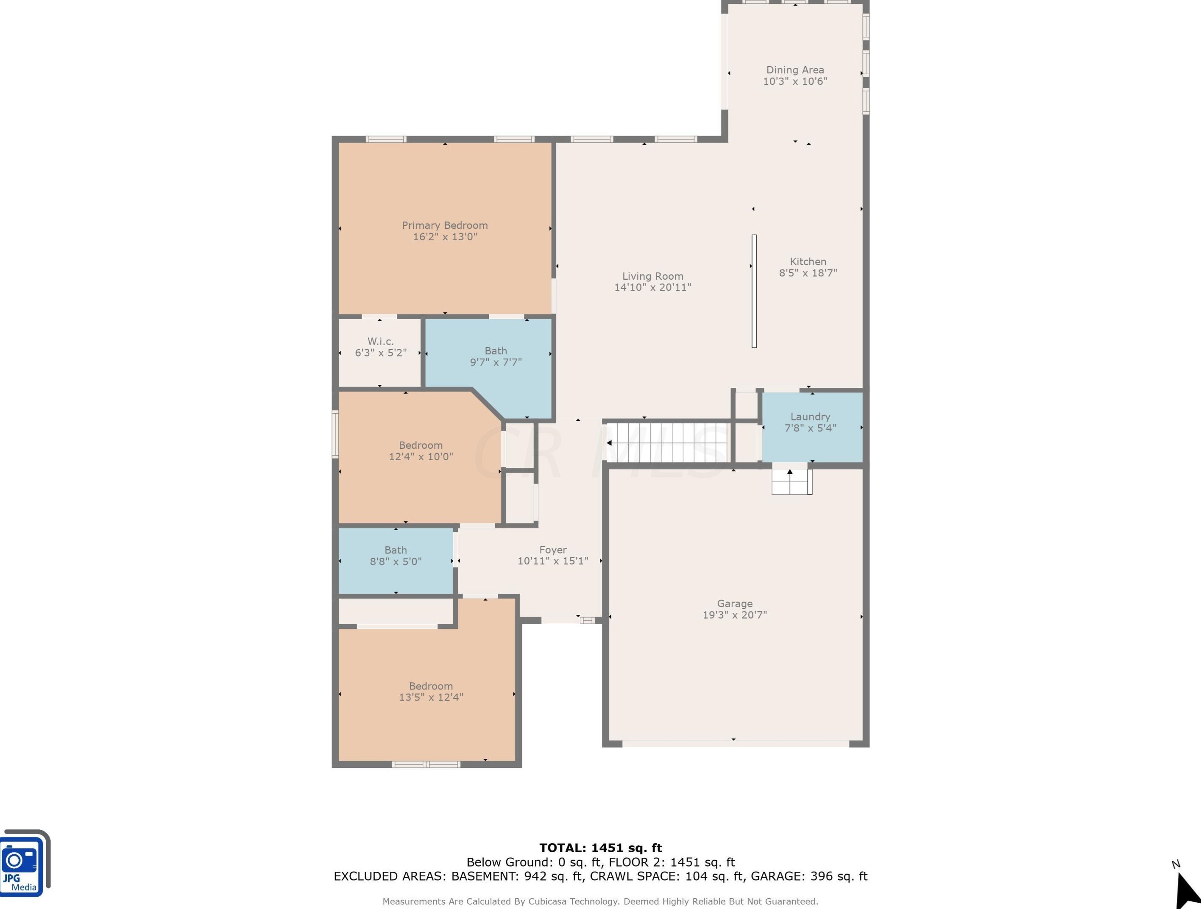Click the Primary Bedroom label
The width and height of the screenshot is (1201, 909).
pyautogui.click(x=445, y=225)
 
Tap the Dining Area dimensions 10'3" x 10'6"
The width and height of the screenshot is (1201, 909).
pyautogui.click(x=795, y=81)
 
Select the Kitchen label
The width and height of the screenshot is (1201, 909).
pyautogui.click(x=808, y=261)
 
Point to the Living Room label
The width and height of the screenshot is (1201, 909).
pyautogui.click(x=652, y=276)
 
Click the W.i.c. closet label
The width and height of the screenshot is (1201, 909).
pyautogui.click(x=380, y=341)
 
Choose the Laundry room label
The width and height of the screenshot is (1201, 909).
pyautogui.click(x=810, y=417)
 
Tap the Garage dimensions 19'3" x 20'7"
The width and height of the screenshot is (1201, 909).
pyautogui.click(x=735, y=615)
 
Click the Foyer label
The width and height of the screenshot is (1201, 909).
pyautogui.click(x=553, y=550)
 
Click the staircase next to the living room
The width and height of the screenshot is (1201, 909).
pyautogui.click(x=667, y=443)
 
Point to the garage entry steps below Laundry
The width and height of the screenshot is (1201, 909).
pyautogui.click(x=791, y=482)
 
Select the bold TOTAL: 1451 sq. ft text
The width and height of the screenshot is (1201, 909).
pyautogui.click(x=600, y=848)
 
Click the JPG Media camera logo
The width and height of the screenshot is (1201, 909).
pyautogui.click(x=24, y=862)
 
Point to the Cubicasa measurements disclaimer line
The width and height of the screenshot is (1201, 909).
pyautogui.click(x=600, y=901)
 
